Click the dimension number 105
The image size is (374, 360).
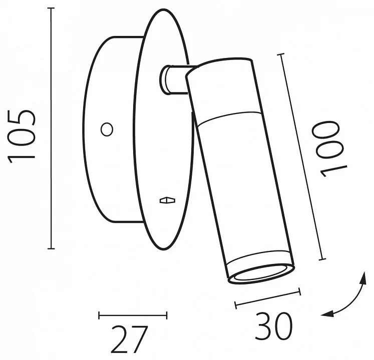(22, 136)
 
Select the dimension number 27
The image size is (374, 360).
(129, 339)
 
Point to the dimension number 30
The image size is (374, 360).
(273, 326)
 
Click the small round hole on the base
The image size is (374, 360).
(107, 129)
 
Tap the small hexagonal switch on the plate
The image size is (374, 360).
(167, 200)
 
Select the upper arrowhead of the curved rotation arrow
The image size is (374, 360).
(363, 278)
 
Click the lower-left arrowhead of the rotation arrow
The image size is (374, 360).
(327, 314)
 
